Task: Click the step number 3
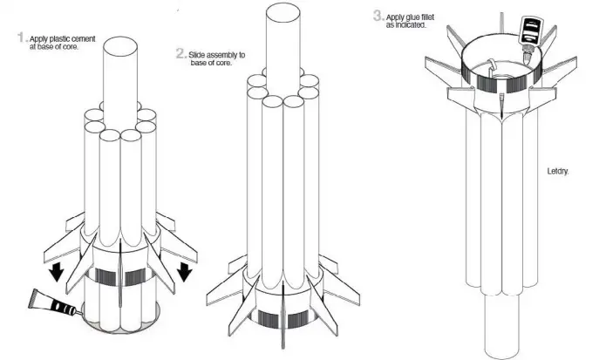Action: [377, 16]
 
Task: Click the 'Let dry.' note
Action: [555, 172]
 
